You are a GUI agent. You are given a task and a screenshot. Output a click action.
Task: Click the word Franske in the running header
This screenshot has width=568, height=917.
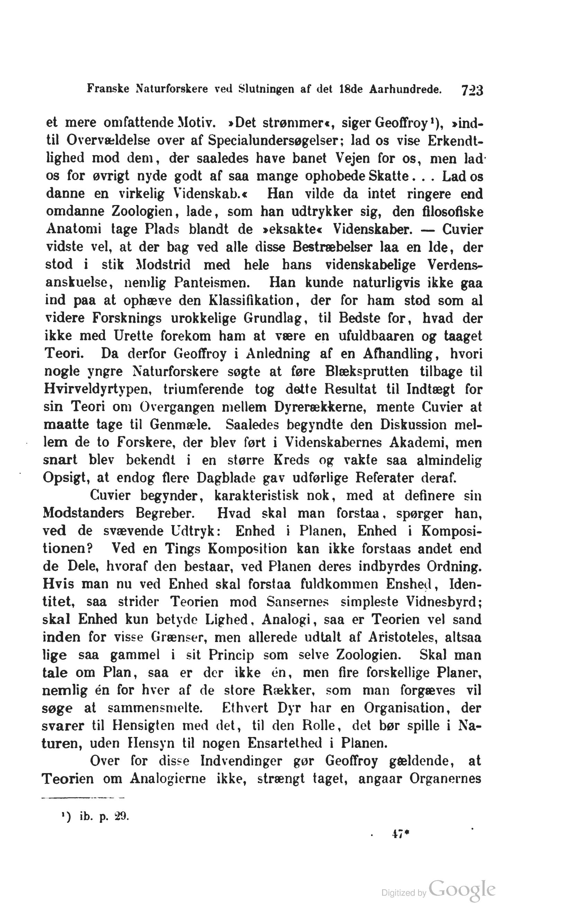108,89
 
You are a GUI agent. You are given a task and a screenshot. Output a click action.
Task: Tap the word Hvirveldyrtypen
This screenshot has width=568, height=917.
98,389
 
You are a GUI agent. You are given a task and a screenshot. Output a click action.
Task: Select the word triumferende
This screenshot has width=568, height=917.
203,389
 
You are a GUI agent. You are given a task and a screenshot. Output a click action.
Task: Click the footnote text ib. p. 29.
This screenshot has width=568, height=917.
104,817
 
